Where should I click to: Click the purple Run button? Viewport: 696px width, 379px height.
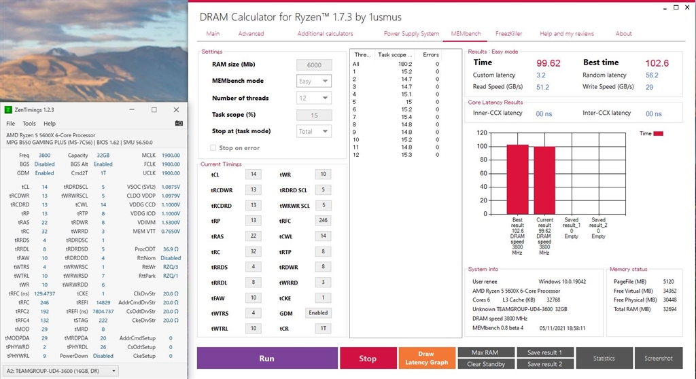(x=267, y=358)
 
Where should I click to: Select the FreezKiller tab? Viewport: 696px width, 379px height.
(x=508, y=33)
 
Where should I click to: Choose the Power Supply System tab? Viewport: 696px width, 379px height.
(x=411, y=33)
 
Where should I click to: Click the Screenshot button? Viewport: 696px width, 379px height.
(x=659, y=358)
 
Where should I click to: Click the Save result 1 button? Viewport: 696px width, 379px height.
(x=544, y=352)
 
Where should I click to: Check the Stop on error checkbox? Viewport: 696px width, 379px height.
(x=214, y=147)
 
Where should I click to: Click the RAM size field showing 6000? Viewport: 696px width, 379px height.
(x=314, y=65)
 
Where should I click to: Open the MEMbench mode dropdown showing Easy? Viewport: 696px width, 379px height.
(x=314, y=81)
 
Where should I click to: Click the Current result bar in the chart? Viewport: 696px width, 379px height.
(x=544, y=179)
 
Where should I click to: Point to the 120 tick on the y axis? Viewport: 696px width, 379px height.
(x=483, y=133)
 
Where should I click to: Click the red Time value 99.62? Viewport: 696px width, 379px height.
(x=548, y=62)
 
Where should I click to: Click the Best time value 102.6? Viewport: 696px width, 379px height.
(x=657, y=62)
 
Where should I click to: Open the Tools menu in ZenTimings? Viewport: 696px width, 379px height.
(x=29, y=124)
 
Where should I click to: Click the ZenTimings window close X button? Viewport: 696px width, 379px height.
(x=175, y=109)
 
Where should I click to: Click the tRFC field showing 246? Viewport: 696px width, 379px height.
(x=324, y=221)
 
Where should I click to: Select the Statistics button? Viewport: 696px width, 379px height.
(x=604, y=358)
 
